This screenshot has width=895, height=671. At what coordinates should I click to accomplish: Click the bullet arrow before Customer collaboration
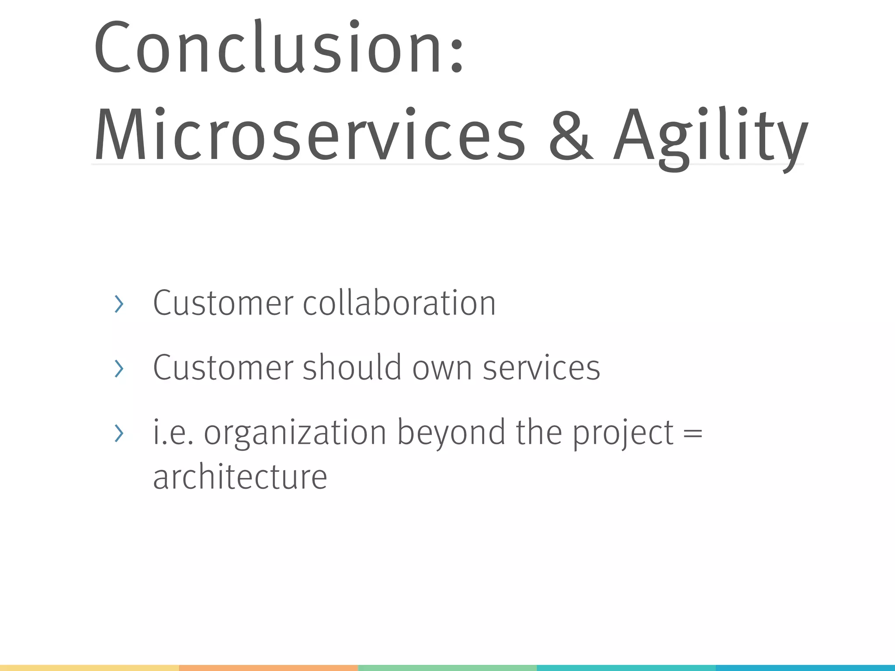[x=119, y=304]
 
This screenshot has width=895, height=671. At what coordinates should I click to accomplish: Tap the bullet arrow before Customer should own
[x=119, y=368]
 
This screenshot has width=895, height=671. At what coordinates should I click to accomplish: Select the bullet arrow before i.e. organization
[x=119, y=433]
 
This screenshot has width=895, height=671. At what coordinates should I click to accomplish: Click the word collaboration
[x=399, y=303]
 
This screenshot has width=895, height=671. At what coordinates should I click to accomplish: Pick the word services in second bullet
[x=541, y=368]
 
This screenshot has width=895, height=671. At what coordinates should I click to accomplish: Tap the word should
[x=352, y=367]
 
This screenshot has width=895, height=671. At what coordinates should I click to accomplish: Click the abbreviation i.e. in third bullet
[x=173, y=433]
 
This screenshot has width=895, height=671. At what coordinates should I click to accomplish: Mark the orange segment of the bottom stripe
[x=268, y=668]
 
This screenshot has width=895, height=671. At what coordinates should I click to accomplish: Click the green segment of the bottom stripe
[x=447, y=668]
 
